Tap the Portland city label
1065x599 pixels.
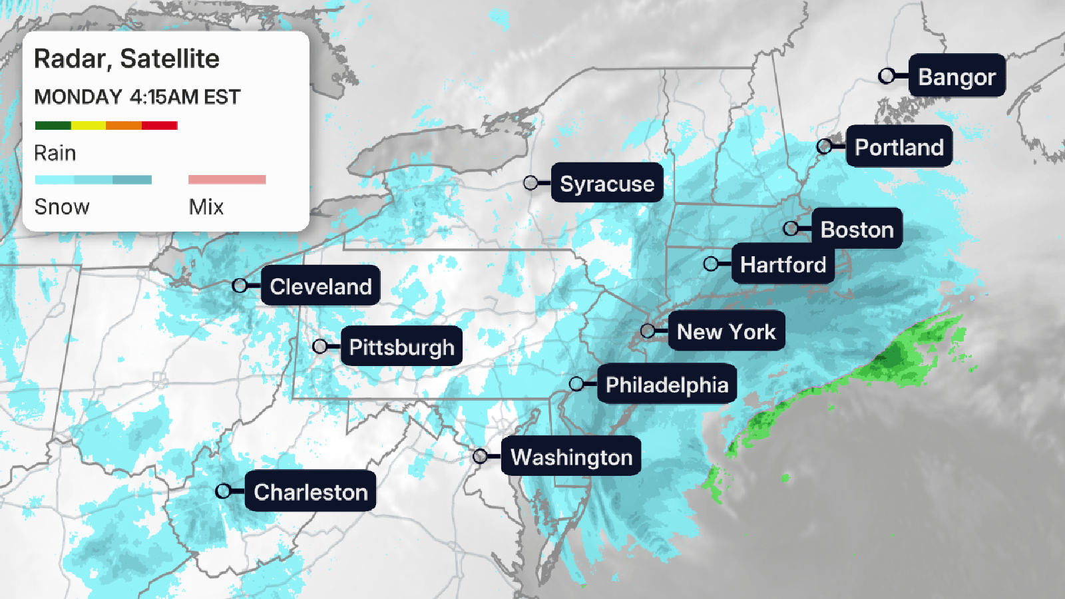coord(899,146)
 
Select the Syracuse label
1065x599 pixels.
coord(607,183)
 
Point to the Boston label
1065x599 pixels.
coord(857,229)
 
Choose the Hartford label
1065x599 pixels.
coord(783,264)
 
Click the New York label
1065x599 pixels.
coord(726,331)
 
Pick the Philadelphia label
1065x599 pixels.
coord(666,384)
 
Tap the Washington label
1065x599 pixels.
coord(571,457)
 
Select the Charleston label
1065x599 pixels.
coord(310,492)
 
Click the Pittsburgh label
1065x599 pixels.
coord(401,346)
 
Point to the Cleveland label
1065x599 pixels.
coord(320,286)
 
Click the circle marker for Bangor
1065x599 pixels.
coord(887,76)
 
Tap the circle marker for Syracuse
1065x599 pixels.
coord(531,182)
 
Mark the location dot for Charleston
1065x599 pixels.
coord(224,491)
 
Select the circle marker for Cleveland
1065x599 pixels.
coord(240,286)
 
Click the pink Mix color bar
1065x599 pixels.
coord(227,179)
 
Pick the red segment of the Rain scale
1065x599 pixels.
coord(160,125)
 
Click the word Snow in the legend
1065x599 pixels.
coord(62,207)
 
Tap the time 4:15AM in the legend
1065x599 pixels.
coord(164,97)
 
